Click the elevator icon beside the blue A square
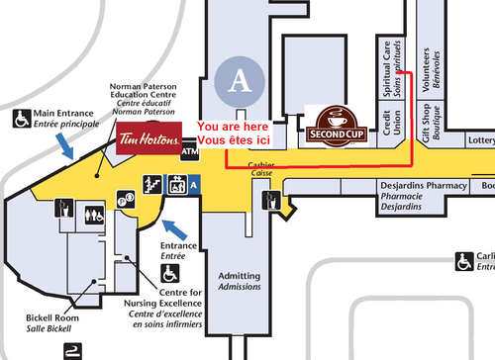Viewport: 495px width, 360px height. [175, 183]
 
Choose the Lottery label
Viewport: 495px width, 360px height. [481, 141]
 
